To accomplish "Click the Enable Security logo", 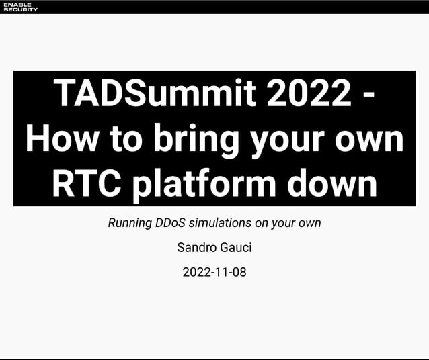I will (x=21, y=7).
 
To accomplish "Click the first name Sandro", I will (x=195, y=248).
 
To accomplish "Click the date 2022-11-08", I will (x=214, y=273).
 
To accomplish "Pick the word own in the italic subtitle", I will (x=309, y=223).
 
